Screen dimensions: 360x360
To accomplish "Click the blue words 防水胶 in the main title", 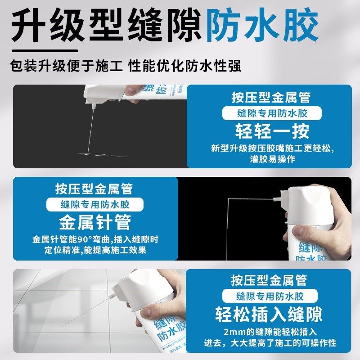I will [x=262, y=26].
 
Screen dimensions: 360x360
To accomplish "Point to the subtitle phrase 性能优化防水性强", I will [x=185, y=66].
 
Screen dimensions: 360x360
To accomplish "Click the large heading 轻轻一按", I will [x=273, y=131].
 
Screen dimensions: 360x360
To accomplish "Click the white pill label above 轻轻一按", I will [x=273, y=113].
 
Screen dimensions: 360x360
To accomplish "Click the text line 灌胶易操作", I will [x=273, y=159].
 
